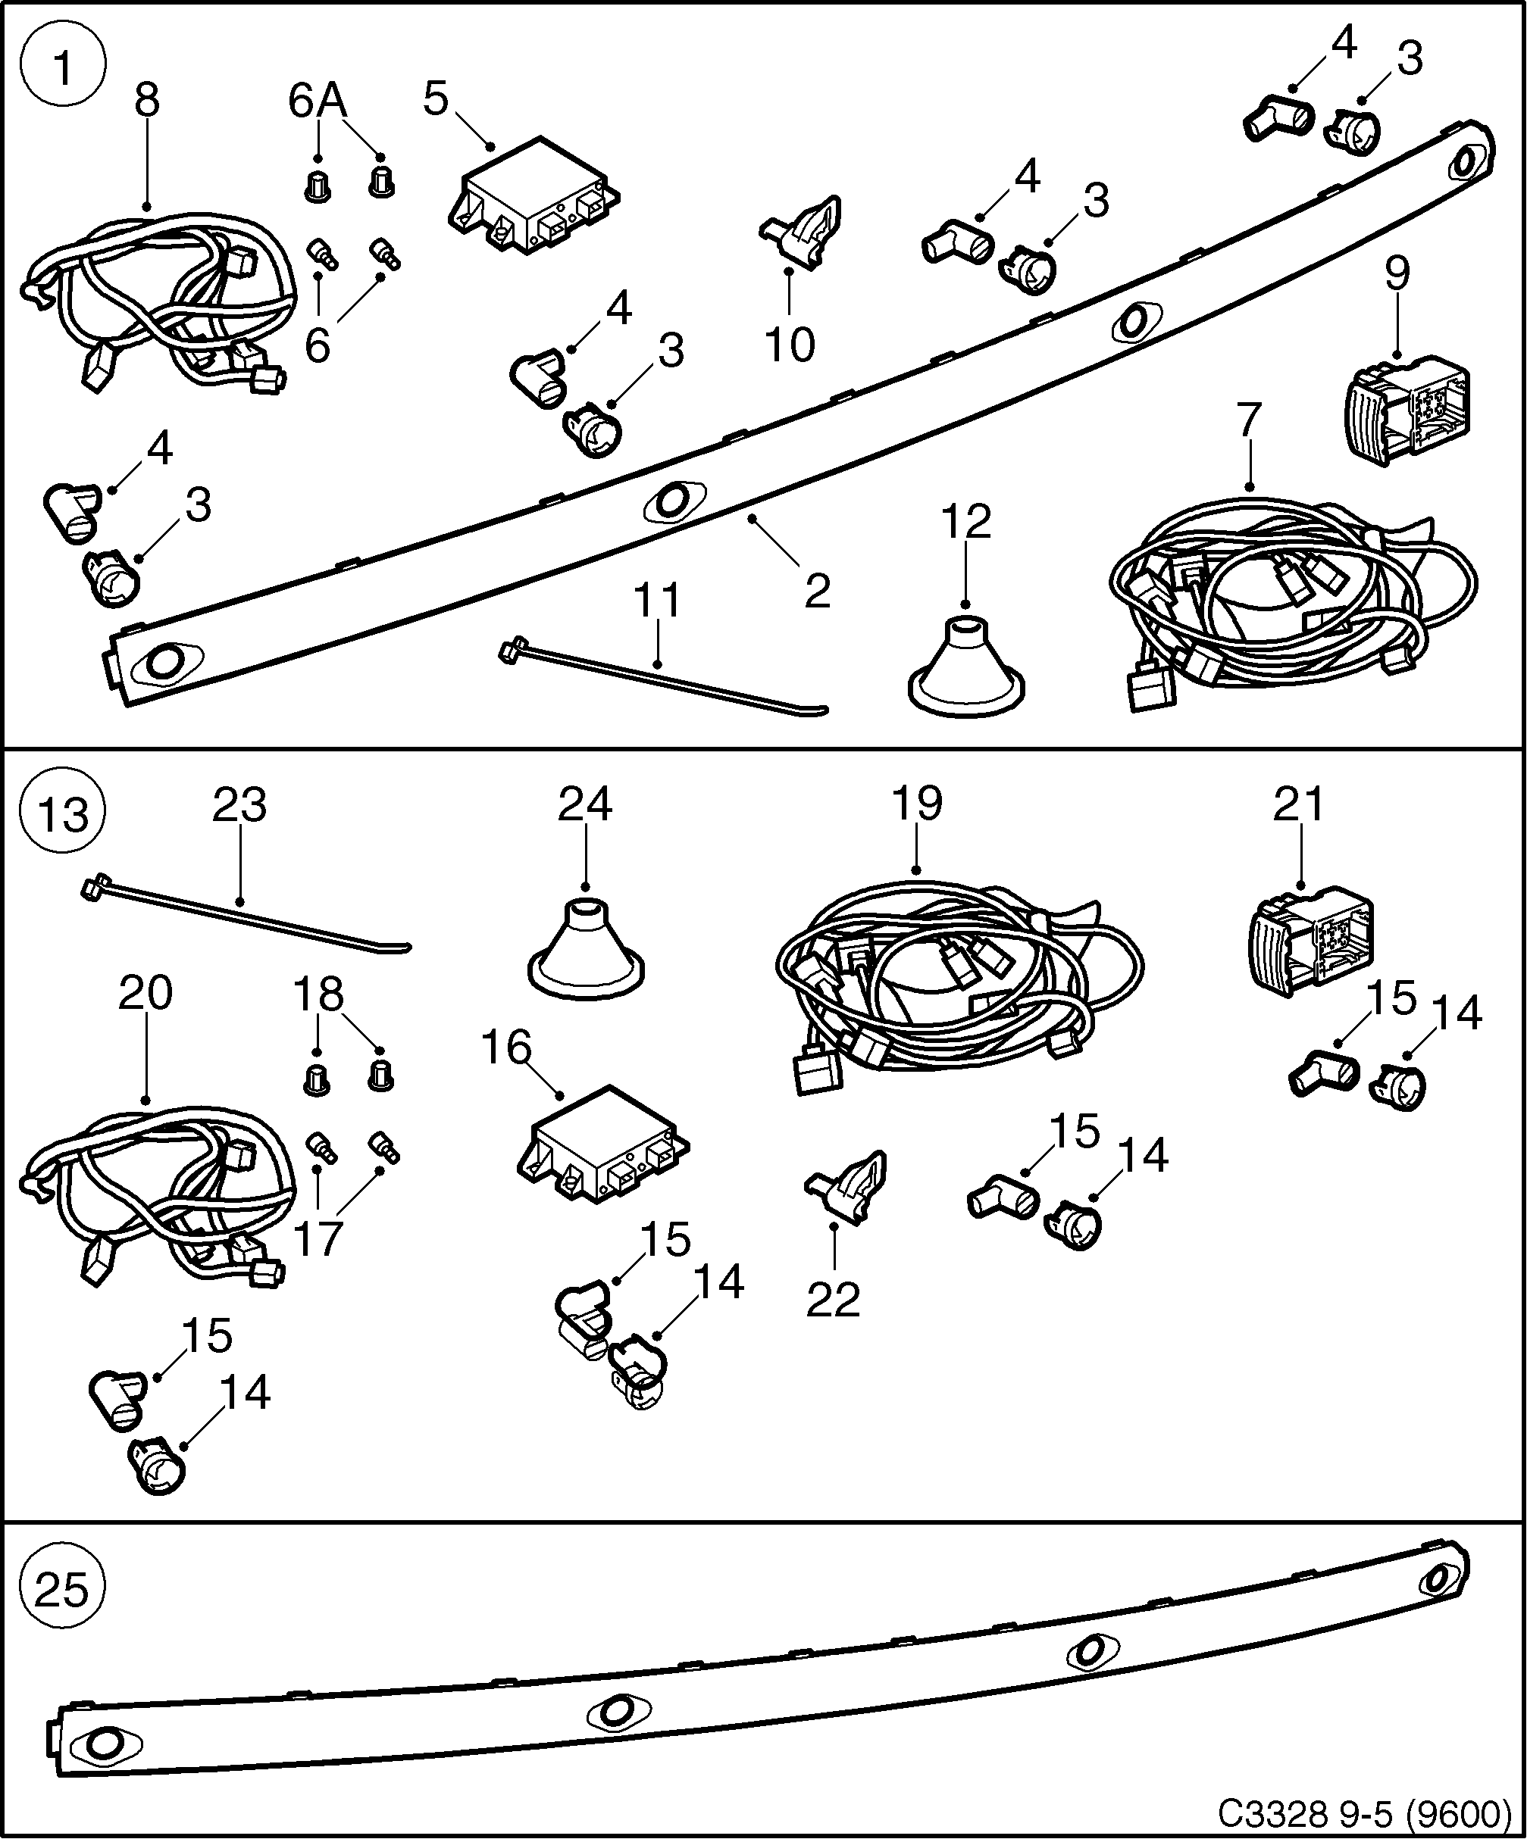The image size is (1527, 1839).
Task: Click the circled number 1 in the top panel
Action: coord(62,67)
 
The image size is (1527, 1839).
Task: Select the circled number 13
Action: coord(62,814)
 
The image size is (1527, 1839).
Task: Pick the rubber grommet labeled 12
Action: coord(965,670)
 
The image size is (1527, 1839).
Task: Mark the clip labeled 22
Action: coord(849,1185)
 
